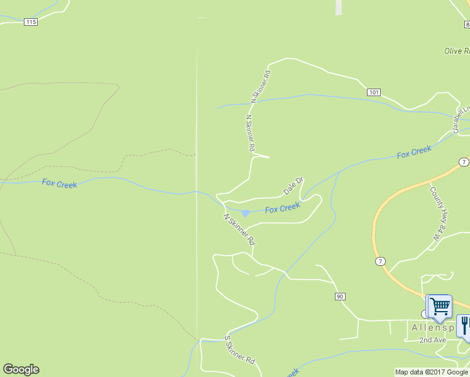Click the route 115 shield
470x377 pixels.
pos(31,22)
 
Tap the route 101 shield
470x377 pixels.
pos(374,92)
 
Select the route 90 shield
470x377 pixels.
pos(340,296)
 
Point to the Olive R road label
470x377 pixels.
pos(456,51)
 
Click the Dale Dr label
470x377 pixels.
pos(293,185)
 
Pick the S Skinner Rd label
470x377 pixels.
pos(239,350)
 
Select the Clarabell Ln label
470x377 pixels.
pos(462,118)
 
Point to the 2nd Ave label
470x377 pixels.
pos(433,340)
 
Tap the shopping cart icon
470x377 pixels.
pos(439,307)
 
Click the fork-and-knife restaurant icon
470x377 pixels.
pos(464,325)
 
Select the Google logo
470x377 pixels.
pos(21,369)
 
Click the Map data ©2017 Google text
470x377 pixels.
pos(432,372)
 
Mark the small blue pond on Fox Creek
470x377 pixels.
pos(245,213)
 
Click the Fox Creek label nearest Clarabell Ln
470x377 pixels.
pos(414,151)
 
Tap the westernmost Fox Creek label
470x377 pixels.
pos(59,183)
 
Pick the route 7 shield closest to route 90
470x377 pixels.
pos(380,260)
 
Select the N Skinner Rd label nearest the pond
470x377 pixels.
pos(239,229)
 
